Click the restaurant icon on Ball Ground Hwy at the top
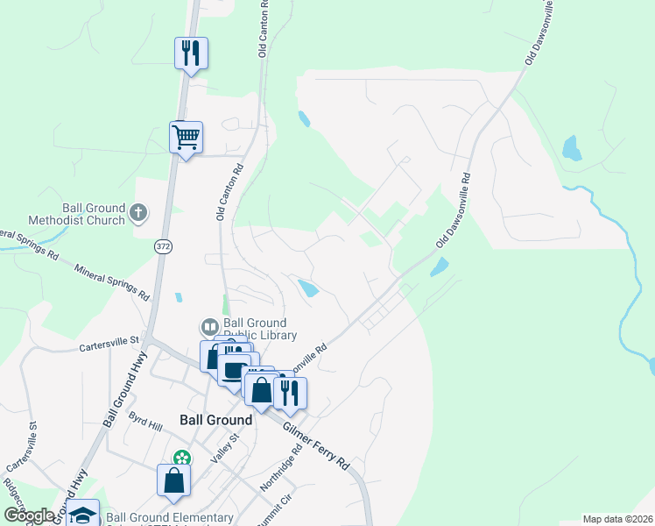(190, 53)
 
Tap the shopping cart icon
(186, 138)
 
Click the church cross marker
(139, 212)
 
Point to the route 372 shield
(164, 247)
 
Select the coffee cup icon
(234, 369)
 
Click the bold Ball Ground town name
(215, 420)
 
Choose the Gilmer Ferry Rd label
(316, 445)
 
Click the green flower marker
(181, 458)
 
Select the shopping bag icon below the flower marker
(173, 480)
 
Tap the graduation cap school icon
(83, 515)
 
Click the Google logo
(30, 515)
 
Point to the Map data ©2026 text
(617, 519)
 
